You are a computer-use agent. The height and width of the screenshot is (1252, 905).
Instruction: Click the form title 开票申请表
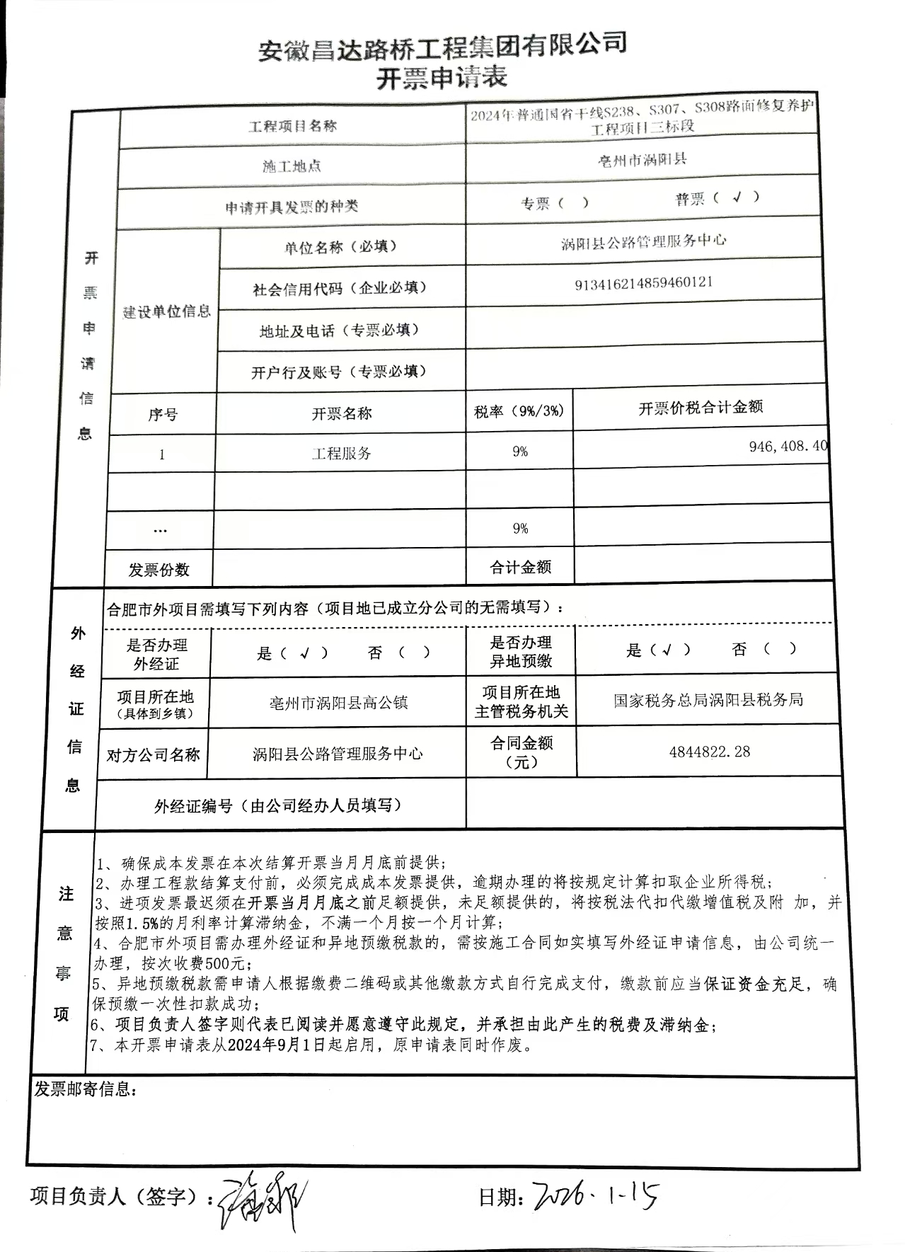(442, 77)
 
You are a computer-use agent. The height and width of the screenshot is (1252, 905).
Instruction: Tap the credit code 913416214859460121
(643, 283)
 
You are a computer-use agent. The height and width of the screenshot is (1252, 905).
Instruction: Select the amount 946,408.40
(788, 447)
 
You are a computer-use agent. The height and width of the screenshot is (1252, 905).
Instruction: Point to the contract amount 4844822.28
(709, 752)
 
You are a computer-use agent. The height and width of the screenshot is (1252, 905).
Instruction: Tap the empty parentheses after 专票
(573, 203)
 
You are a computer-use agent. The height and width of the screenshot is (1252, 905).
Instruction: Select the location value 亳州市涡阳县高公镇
(338, 703)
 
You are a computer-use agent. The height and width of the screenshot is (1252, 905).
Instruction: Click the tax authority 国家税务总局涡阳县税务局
(708, 701)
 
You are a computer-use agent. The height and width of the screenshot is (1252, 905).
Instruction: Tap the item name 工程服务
(341, 454)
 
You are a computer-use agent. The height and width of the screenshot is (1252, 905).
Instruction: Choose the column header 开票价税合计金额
(701, 408)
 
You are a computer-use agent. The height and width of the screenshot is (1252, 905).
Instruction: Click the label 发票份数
(158, 570)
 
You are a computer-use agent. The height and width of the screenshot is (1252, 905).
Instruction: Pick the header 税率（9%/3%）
(519, 411)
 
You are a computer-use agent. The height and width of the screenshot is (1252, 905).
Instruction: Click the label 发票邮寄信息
(82, 1089)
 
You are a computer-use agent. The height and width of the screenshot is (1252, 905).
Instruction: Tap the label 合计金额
(520, 567)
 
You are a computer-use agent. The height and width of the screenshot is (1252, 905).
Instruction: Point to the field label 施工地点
(292, 166)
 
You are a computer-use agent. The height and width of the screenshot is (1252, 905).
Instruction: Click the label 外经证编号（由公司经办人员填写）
(278, 805)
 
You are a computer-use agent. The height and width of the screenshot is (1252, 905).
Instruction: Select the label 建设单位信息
(166, 311)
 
